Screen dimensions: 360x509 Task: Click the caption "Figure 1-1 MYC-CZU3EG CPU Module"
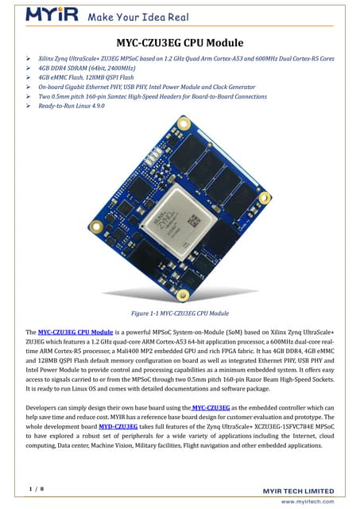180,314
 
